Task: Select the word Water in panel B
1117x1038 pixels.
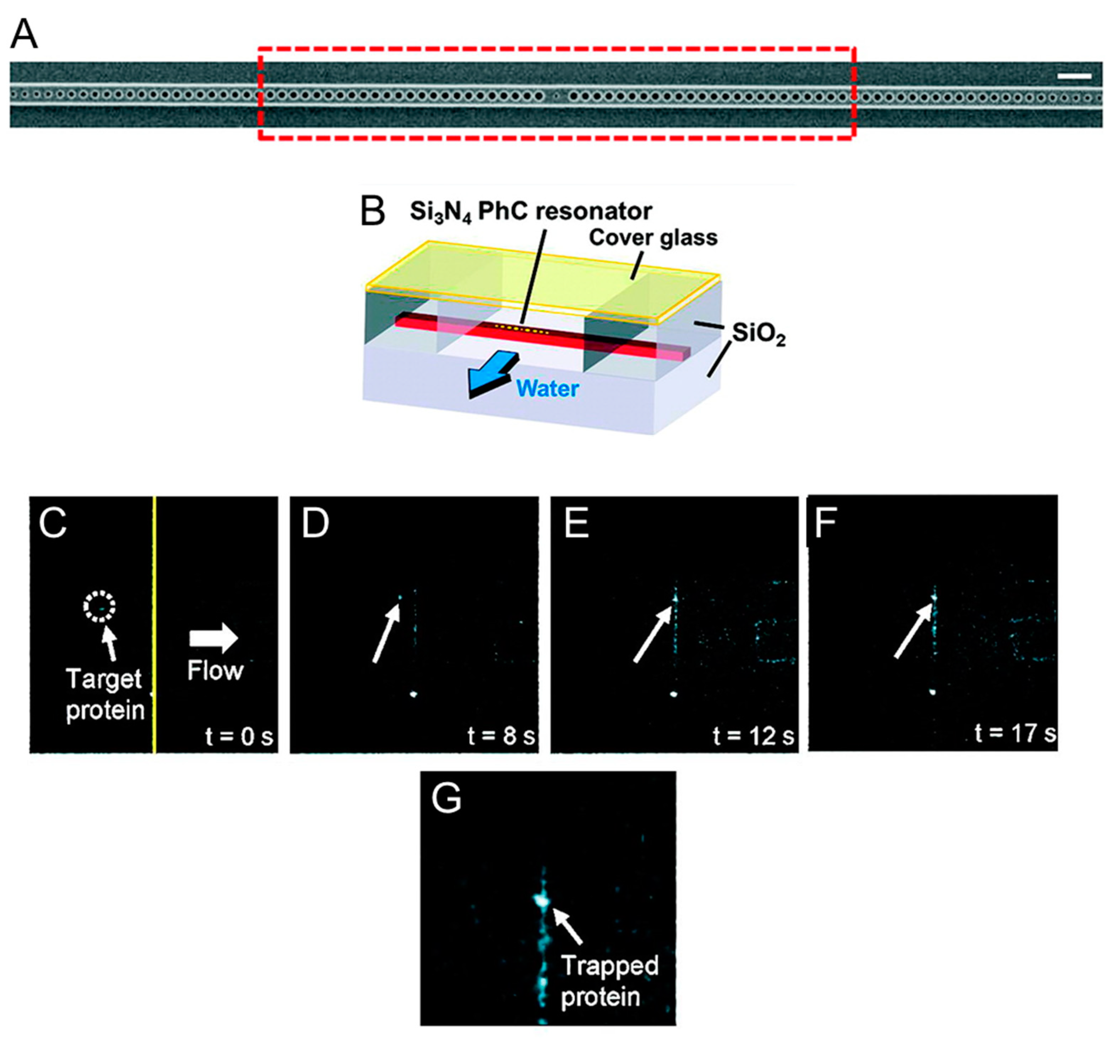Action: coord(547,389)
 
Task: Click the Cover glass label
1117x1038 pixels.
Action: coord(652,238)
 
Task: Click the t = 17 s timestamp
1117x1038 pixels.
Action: coord(1015,733)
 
